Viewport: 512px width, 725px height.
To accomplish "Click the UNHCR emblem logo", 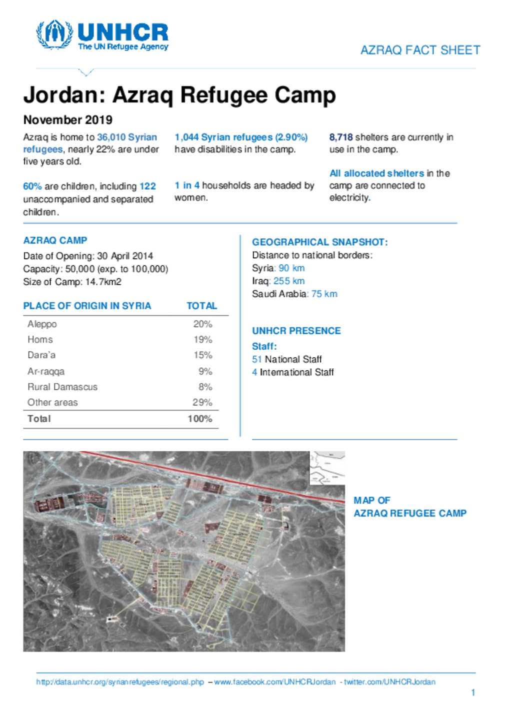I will [54, 35].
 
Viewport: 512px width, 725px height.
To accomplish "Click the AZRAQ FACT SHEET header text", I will [420, 50].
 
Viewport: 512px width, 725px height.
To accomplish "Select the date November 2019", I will [68, 120].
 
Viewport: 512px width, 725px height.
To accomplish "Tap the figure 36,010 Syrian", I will [127, 138].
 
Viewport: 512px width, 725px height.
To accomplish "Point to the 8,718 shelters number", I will [341, 138].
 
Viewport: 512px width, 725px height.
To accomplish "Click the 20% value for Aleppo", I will [202, 324].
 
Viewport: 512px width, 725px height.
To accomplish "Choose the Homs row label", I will [40, 340].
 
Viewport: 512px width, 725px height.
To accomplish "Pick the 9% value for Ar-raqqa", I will [205, 371].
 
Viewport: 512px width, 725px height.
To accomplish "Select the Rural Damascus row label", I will [62, 387].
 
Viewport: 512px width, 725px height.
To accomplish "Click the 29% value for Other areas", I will [202, 402].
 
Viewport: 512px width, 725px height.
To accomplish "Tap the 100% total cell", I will [200, 419].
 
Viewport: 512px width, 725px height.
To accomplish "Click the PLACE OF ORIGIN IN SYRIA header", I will [87, 306].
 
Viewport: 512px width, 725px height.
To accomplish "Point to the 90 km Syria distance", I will [291, 268].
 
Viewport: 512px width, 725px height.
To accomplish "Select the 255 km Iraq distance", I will [289, 281].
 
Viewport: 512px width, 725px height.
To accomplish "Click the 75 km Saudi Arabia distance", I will [324, 294].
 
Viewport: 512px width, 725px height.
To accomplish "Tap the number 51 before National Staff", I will [257, 359].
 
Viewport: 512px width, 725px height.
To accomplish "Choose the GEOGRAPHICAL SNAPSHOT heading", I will [319, 242].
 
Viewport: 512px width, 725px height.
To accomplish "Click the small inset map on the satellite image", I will [327, 467].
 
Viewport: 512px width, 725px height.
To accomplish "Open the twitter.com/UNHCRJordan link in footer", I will [389, 682].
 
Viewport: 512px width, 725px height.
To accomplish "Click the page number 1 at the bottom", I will [472, 692].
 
